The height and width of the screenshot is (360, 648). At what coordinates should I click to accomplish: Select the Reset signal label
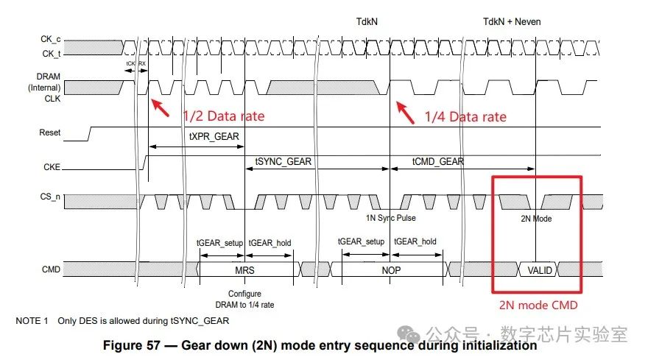click(50, 133)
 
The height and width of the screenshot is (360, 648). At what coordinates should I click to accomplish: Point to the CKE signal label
click(52, 168)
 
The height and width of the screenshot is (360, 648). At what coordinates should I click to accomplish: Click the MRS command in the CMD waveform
click(245, 270)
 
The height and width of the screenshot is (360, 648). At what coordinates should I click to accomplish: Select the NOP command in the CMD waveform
click(391, 270)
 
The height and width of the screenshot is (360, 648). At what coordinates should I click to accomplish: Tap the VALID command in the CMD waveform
click(539, 270)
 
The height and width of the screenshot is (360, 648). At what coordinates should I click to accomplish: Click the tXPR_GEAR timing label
click(214, 136)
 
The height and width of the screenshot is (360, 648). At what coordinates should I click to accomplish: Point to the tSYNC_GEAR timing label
click(283, 162)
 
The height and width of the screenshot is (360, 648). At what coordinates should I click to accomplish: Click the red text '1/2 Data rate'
click(223, 116)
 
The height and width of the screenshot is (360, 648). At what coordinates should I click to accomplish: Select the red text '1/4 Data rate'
click(465, 116)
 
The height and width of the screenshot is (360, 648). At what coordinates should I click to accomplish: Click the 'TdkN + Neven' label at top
click(512, 21)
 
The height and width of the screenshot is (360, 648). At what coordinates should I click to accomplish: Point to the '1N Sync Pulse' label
click(391, 219)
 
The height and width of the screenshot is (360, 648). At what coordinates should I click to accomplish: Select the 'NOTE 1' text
click(32, 321)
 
